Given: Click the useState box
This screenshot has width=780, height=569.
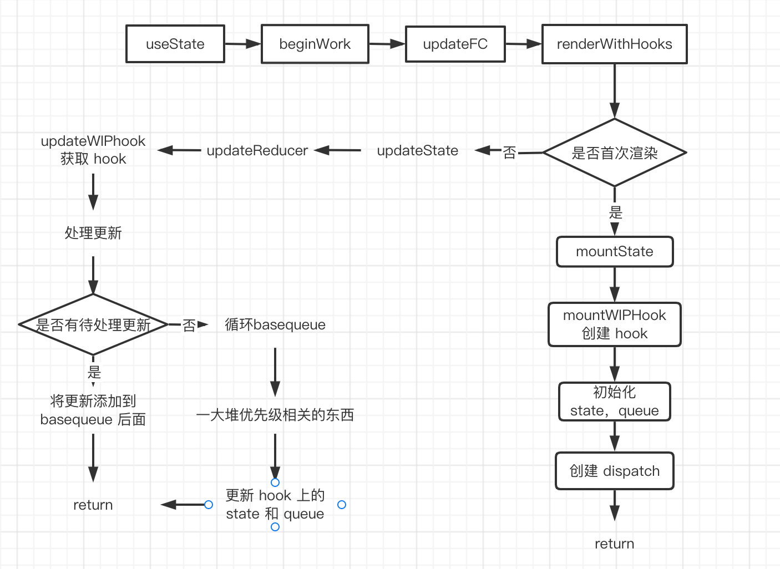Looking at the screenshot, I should pos(175,44).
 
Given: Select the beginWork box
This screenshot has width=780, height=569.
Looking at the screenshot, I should pos(315,44).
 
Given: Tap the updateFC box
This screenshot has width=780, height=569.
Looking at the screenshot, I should pos(455,44).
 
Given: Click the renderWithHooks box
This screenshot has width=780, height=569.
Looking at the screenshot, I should pos(614,44).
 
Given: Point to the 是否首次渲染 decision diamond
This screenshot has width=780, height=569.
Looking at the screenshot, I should pos(615,153).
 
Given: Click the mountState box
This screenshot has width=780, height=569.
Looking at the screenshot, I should pos(615,252).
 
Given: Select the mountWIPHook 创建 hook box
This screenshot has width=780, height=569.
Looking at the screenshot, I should pos(615,324).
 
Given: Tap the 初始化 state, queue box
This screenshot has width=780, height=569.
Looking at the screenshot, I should pos(615,402).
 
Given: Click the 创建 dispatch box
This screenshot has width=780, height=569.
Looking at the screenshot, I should pos(615,471).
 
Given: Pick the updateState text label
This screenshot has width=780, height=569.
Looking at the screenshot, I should pos(418,151).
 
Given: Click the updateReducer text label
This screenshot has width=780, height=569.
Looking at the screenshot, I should pos(257,151).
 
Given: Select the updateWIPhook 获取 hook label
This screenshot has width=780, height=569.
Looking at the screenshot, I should pos(93,150).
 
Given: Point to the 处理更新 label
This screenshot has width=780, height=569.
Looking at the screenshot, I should pos(93,233).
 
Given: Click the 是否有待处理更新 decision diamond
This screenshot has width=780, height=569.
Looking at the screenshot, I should pos(93,324).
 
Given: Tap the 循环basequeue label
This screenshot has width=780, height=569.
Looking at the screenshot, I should pos(275,324).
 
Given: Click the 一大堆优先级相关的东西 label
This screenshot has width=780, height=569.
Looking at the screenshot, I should pos(275,415).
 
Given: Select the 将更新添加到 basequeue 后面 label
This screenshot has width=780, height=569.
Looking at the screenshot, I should pos(93,410).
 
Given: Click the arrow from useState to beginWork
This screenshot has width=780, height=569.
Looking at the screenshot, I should pos(242,44).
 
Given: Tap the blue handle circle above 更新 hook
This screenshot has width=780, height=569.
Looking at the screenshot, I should pos(275,482).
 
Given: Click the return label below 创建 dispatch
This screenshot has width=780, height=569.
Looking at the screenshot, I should pos(615,543).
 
